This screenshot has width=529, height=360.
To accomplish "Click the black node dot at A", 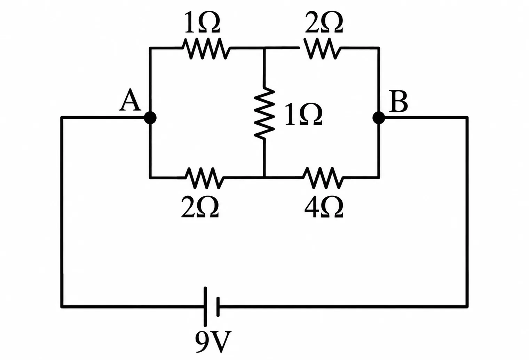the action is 150,118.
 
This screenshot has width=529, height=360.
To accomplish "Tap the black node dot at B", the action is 379,118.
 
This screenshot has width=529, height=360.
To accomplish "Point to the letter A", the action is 130,100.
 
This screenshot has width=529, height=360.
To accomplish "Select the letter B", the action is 398,101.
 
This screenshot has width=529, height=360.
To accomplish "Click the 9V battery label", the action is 213,342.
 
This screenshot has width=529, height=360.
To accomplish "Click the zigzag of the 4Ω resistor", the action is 323,178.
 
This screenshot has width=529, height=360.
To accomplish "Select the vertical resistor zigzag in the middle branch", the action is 264,112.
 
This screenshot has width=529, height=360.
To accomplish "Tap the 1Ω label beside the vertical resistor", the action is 303,114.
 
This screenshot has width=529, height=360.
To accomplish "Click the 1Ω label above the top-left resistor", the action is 202,22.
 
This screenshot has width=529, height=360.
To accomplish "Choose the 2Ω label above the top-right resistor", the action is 324,22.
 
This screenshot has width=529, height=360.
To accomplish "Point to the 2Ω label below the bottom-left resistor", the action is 200,207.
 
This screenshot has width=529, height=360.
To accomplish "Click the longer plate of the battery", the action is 205,307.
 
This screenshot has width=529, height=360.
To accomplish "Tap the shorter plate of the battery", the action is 218,307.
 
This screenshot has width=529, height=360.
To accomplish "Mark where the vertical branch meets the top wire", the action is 264,48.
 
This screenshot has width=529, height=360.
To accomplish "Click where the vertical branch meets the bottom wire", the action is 264,177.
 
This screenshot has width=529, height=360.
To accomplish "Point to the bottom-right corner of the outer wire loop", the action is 467,307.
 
